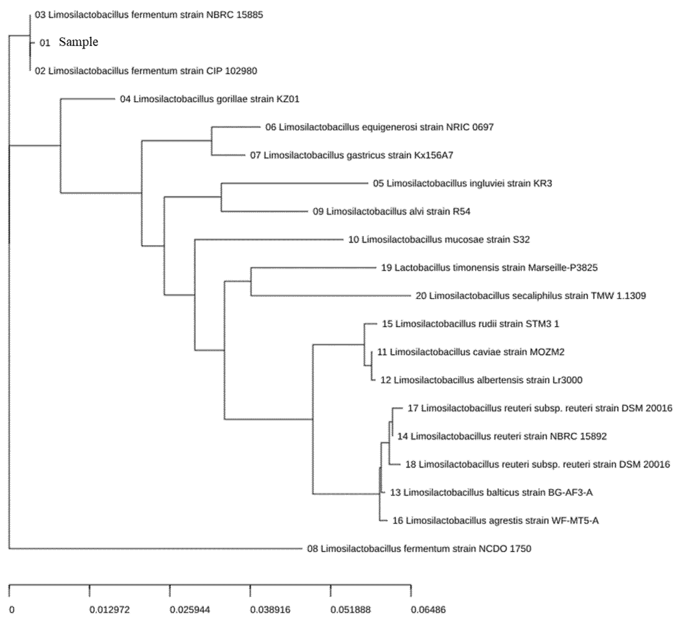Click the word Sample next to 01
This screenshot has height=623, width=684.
tap(78, 42)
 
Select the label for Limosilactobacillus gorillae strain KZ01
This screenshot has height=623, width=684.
tap(209, 99)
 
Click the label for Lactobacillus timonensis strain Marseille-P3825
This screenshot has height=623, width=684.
tap(489, 268)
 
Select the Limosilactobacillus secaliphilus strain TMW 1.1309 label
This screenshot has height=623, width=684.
tap(531, 296)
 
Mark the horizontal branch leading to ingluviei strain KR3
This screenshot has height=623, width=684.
tap(295, 183)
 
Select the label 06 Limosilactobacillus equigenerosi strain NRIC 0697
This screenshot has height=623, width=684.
tap(379, 127)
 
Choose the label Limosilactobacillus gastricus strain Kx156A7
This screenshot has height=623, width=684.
tap(351, 155)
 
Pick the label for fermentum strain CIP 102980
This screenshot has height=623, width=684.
tap(146, 71)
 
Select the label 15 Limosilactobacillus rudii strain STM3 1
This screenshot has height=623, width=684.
tap(470, 324)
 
